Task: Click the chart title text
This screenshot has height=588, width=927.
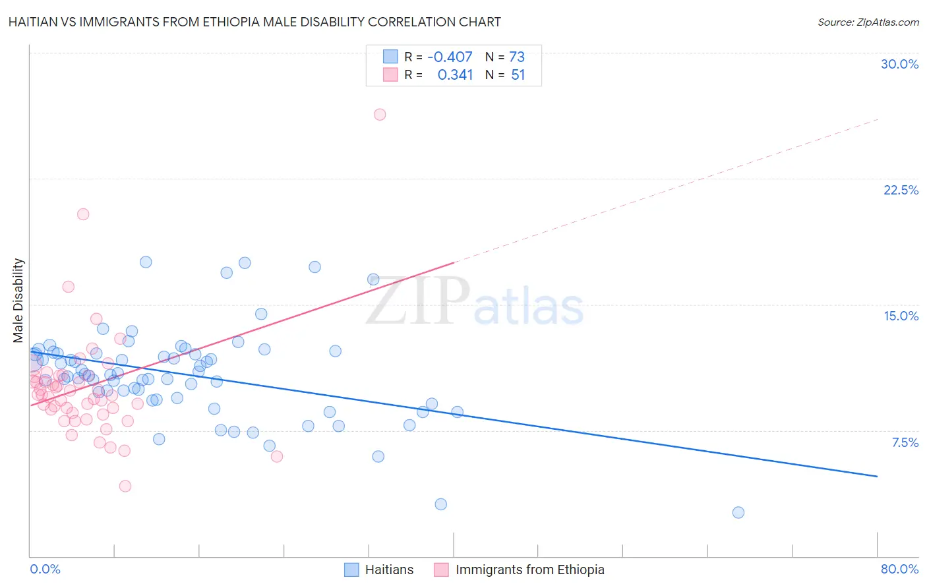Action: [x=255, y=22]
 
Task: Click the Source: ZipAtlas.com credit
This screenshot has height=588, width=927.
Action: [x=868, y=22]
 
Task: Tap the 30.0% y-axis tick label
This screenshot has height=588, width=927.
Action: [x=899, y=64]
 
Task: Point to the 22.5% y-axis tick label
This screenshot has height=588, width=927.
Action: [x=901, y=190]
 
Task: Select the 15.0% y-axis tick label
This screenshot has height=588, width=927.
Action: [x=901, y=316]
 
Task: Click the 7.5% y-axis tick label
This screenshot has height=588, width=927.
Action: [x=905, y=442]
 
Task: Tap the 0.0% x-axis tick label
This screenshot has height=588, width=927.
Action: [x=45, y=569]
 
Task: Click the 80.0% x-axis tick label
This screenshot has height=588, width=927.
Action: [x=899, y=569]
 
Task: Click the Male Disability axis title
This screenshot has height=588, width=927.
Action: [x=18, y=300]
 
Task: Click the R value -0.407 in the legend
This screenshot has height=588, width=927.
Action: [x=450, y=57]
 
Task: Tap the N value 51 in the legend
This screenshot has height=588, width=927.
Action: [x=518, y=75]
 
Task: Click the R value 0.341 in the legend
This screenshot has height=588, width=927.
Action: [x=455, y=75]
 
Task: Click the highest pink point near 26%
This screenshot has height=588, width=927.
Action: [x=379, y=115]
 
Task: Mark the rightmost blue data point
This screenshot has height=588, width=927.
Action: [x=738, y=513]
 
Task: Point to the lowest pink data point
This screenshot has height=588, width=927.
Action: [x=125, y=486]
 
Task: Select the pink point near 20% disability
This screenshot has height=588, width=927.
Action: [x=83, y=214]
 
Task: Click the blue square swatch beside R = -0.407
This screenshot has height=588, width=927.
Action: [x=390, y=57]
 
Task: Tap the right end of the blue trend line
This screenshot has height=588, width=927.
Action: [x=877, y=476]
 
